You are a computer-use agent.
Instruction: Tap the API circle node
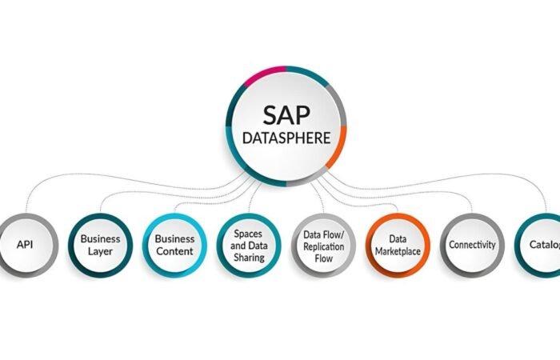tap(25, 245)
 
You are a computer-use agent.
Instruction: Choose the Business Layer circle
tap(100, 245)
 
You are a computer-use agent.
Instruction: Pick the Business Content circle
tap(174, 245)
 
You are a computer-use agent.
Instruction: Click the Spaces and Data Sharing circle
tap(249, 245)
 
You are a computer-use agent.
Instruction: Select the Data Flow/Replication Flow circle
tap(323, 245)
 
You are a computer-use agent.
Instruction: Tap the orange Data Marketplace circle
tap(398, 245)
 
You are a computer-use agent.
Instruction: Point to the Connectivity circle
tap(472, 245)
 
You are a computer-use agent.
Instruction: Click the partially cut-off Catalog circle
tap(541, 245)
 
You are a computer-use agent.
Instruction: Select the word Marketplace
tap(398, 251)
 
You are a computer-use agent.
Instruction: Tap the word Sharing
tap(249, 258)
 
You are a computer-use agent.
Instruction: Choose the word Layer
tap(101, 251)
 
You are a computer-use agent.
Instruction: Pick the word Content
tap(174, 251)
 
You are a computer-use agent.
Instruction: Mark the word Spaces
tap(248, 234)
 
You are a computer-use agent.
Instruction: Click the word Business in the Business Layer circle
tap(101, 238)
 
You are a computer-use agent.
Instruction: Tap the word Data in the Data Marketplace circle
tap(398, 238)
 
